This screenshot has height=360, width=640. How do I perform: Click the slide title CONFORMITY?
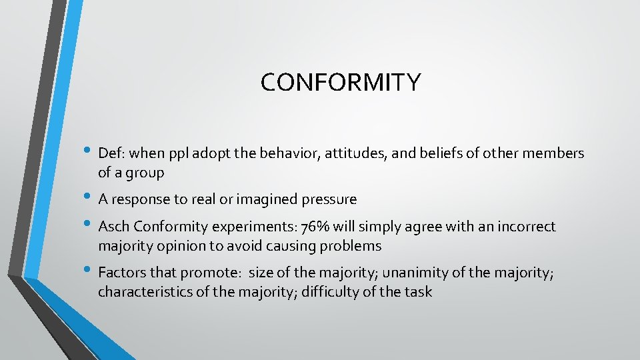pos(341,82)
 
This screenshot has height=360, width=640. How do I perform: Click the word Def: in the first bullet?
pos(112,153)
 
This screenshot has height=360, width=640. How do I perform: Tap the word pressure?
pos(331,199)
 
